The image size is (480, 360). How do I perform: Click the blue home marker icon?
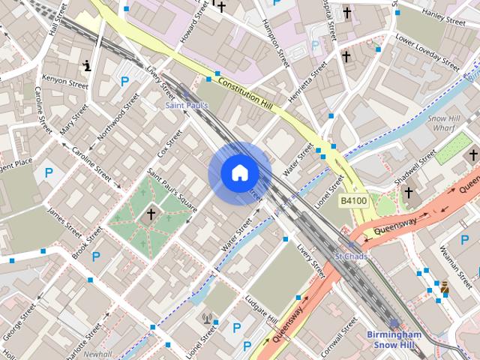239,173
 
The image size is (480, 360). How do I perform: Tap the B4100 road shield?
353,201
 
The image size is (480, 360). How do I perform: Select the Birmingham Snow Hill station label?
394,340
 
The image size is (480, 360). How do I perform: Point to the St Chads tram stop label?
350,256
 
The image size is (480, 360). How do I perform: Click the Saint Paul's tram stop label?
186,106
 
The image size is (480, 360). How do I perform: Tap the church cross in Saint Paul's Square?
151,214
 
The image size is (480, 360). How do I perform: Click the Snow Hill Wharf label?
448,123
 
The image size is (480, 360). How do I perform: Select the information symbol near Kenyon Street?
88,66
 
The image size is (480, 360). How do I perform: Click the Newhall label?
97,354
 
